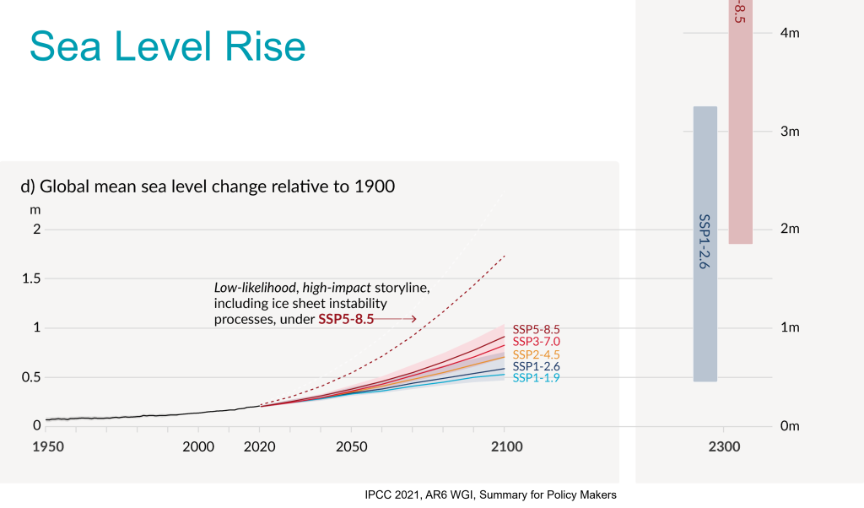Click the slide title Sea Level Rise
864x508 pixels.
point(167,46)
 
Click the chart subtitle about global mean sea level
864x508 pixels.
point(208,186)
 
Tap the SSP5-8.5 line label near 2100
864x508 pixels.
point(537,329)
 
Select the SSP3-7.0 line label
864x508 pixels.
point(537,342)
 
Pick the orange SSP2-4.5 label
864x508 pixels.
point(537,354)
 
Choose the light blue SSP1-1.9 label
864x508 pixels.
point(537,379)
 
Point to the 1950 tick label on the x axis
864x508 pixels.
point(48,446)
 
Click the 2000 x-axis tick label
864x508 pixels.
point(198,446)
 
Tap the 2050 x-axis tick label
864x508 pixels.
point(351,446)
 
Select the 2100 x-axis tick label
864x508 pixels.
point(505,446)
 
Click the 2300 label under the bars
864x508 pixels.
point(725,446)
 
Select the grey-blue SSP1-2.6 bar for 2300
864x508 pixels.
point(705,244)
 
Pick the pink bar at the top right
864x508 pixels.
point(740,127)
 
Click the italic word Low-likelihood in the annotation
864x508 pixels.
point(248,288)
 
